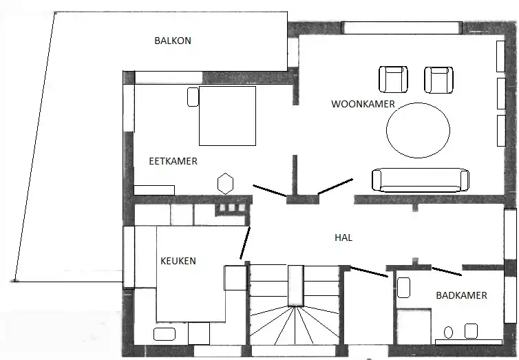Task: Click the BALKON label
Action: [x=173, y=41]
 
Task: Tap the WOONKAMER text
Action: [x=363, y=104]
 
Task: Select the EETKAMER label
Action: [x=173, y=161]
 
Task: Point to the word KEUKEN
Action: [x=178, y=261]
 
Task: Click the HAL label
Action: [x=343, y=237]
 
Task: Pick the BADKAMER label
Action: [x=461, y=295]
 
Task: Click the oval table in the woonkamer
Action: [x=418, y=130]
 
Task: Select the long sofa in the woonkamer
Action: [x=421, y=180]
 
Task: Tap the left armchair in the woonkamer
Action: [x=393, y=79]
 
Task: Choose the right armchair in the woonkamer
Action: [x=438, y=80]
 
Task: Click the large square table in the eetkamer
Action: [x=227, y=116]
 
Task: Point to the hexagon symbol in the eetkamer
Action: [x=225, y=184]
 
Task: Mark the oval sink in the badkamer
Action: [x=448, y=332]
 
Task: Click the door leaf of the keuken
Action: [x=245, y=243]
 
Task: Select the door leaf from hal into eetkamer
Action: [x=270, y=191]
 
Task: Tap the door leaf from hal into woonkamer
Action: [x=335, y=187]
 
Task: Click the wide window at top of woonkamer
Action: [x=401, y=28]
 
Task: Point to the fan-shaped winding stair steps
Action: [x=294, y=326]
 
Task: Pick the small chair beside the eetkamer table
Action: [x=193, y=97]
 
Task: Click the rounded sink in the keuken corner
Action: [x=165, y=334]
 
